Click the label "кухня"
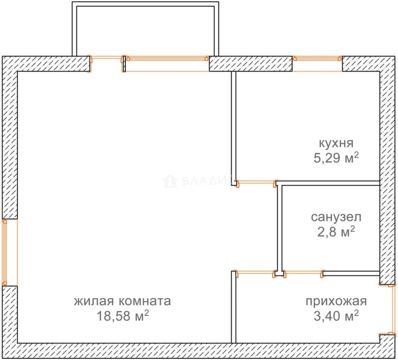[x=336, y=143]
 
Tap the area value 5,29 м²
[x=336, y=158]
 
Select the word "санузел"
[x=336, y=217]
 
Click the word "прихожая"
[x=336, y=301]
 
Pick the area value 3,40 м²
[x=336, y=316]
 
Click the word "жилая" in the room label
[x=94, y=301]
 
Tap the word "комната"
[x=145, y=301]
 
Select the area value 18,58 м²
[x=122, y=316]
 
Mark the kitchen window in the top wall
[x=317, y=64]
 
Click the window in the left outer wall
[x=10, y=252]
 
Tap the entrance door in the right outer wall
[x=388, y=310]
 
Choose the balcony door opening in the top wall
[x=107, y=64]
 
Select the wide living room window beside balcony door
[x=167, y=64]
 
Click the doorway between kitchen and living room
[x=256, y=183]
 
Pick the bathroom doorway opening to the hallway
[x=303, y=274]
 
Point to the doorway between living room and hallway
[x=255, y=274]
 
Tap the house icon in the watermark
[x=169, y=181]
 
